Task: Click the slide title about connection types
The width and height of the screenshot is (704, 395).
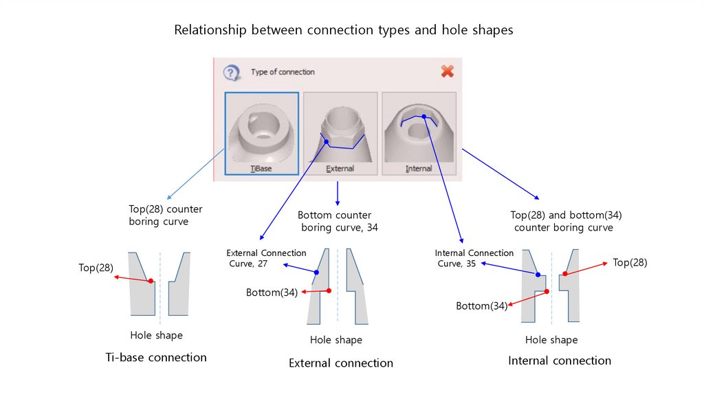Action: coord(343,30)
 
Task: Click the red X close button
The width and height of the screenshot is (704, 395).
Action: coord(447,71)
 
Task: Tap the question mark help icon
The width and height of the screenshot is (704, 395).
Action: coord(232,72)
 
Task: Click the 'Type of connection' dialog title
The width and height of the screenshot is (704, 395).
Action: coord(283,72)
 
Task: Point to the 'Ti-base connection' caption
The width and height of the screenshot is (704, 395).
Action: coord(156,357)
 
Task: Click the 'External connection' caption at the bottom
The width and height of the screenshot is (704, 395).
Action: coord(341,363)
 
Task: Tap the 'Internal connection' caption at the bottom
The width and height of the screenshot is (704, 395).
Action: coord(559,361)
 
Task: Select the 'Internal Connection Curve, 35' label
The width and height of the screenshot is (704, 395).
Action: coord(474,258)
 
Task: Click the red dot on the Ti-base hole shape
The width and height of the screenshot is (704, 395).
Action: coord(151,280)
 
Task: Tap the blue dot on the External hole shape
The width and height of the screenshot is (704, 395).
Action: coord(316,273)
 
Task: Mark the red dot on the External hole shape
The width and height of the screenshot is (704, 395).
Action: coord(329,290)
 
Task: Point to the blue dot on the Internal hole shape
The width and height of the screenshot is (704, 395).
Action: coord(538,274)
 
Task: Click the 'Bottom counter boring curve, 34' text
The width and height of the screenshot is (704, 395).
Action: coord(337,221)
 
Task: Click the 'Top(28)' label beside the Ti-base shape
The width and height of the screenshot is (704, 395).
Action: coord(96,268)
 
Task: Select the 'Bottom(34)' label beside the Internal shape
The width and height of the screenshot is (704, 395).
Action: coord(481,306)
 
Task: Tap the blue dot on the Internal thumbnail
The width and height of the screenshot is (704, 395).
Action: coord(424,116)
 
